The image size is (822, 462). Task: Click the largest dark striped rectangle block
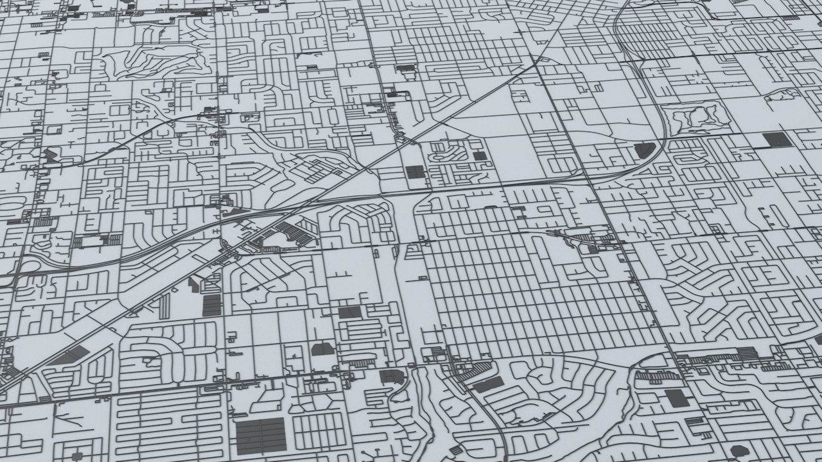[261, 435]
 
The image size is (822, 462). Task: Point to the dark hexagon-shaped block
[739, 451]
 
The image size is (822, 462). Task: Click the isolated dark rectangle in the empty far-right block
[777, 139]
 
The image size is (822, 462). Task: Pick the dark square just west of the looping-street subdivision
[415, 172]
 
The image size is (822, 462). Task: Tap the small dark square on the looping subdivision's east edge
[479, 155]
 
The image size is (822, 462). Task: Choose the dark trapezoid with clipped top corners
[322, 349]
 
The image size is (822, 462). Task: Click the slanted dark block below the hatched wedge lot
[488, 384]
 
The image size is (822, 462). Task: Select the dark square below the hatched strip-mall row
[676, 398]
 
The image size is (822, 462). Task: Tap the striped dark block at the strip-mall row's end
[747, 353]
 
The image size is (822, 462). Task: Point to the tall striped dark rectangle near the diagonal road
[212, 305]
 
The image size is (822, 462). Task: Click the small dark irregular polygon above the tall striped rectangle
[194, 285]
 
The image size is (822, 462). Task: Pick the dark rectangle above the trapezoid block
[349, 312]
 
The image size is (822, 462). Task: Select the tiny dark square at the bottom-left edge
[77, 456]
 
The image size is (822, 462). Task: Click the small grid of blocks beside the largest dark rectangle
[319, 431]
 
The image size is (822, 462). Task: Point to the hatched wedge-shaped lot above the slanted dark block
[477, 368]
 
